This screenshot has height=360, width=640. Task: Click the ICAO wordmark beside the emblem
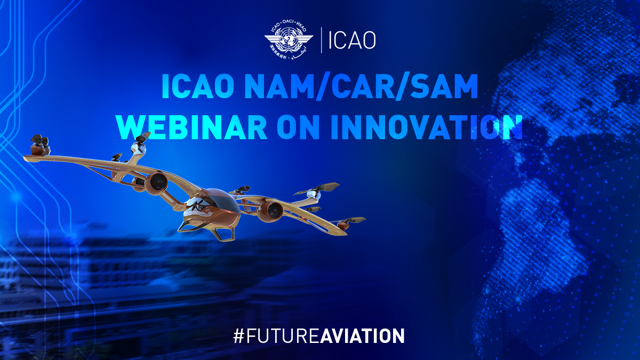tap(352, 41)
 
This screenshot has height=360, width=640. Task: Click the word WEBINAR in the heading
tap(191, 126)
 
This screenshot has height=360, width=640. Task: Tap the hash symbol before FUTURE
tap(238, 336)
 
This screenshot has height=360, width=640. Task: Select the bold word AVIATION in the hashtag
tap(362, 336)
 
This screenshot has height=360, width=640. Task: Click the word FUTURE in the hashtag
tap(282, 336)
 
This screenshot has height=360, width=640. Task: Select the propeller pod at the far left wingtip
tap(39, 145)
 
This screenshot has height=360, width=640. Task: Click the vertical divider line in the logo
tap(322, 40)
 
